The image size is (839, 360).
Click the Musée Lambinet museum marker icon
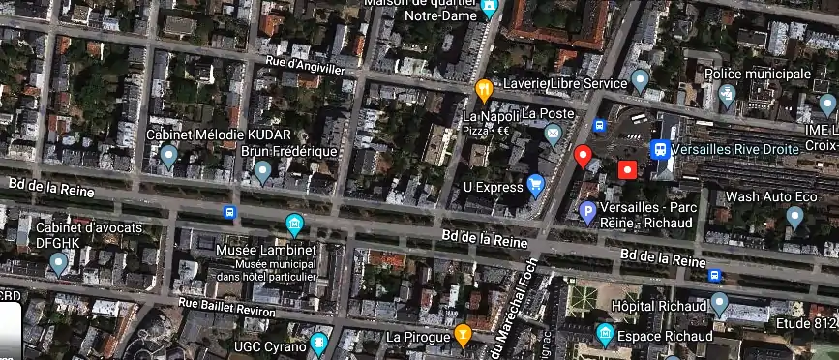click(294, 225)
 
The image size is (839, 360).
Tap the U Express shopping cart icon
click(535, 184)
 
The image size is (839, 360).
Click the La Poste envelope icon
click(553, 133)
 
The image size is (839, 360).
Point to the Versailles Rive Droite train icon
click(660, 150)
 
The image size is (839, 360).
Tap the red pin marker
click(583, 156)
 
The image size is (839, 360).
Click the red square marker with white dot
click(627, 170)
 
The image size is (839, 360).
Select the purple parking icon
click(586, 212)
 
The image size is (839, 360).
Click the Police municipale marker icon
click(728, 95)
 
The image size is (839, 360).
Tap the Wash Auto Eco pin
click(794, 217)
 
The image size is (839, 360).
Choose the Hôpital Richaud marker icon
click(718, 304)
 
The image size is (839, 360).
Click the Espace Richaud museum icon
click(605, 335)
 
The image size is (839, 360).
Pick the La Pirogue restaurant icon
click(464, 335)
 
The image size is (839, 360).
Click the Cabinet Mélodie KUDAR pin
click(169, 155)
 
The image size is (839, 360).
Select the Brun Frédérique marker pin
click(261, 171)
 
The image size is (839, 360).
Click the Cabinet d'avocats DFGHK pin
click(59, 261)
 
